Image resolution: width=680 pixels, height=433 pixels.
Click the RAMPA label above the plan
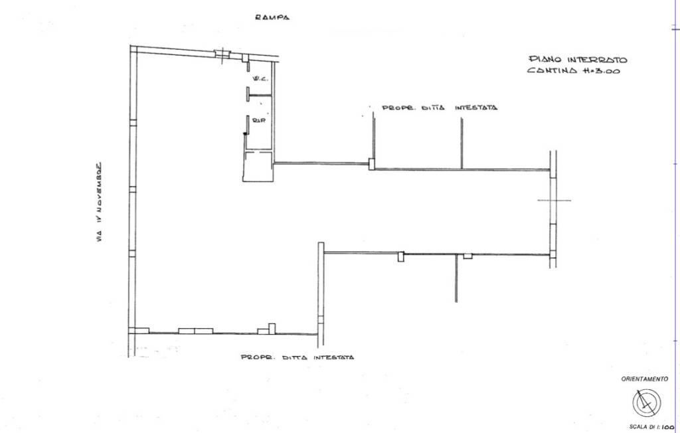[272, 17]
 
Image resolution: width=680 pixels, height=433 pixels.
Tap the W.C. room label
[260, 78]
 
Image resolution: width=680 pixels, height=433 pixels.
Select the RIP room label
[258, 120]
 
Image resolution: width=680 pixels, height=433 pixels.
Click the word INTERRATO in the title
[597, 60]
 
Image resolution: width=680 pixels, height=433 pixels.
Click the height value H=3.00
[602, 70]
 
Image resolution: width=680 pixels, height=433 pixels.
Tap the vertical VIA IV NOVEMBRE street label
[100, 202]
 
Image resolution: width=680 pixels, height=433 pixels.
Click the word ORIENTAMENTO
[644, 379]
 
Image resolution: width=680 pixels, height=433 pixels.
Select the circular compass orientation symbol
[647, 403]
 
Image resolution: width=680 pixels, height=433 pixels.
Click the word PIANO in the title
[545, 59]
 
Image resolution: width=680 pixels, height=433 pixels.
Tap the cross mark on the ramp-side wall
[222, 54]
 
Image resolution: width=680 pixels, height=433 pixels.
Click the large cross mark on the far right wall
[554, 201]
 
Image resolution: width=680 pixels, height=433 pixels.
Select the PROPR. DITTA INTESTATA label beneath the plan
[297, 357]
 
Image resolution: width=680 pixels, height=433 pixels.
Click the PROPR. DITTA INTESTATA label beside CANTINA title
[440, 108]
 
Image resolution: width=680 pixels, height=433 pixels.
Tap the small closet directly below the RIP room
[258, 165]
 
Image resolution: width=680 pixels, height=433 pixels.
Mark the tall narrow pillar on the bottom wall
[272, 329]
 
